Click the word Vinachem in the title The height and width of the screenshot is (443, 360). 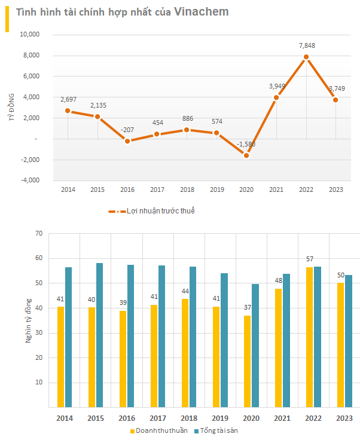[201, 12]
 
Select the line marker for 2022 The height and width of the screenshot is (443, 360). [306, 57]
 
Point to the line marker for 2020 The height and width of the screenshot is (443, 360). [246, 155]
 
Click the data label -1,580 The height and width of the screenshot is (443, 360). [246, 144]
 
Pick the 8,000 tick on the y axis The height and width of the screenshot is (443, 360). [30, 56]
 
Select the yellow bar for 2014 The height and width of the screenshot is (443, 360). [61, 357]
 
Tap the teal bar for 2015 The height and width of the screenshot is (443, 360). [100, 335]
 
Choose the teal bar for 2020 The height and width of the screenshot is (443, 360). [255, 346]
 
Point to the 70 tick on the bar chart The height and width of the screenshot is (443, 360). [38, 233]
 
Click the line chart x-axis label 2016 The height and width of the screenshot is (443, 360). [127, 190]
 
